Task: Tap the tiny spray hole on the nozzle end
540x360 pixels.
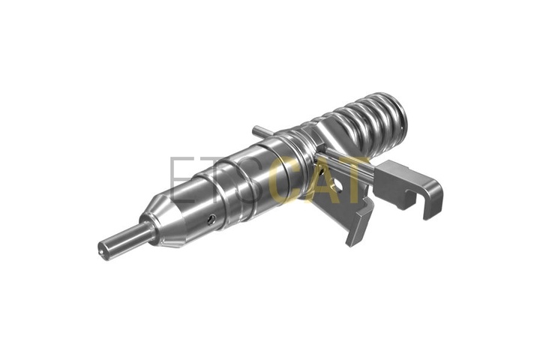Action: pos(101,252)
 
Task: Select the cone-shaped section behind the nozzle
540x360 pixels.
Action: pos(165,221)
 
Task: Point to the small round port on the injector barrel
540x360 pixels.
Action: pos(211,220)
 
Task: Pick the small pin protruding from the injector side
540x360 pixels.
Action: pos(262,131)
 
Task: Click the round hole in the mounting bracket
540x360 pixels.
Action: pos(337,186)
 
